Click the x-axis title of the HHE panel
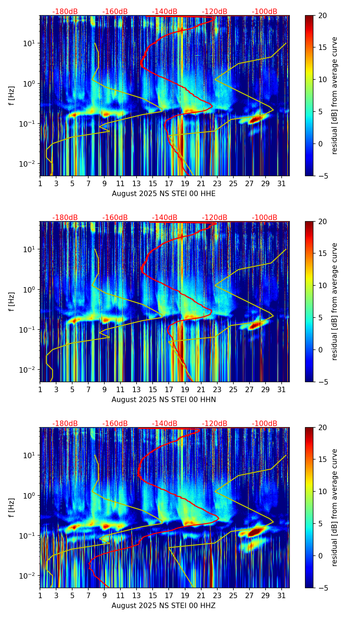(164, 194)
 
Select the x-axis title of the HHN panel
(164, 400)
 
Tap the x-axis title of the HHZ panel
(164, 606)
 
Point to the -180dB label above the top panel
(65, 12)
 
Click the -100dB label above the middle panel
(265, 218)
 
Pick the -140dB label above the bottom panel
(165, 424)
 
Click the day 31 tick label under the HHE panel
(281, 184)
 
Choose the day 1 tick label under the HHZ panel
(40, 596)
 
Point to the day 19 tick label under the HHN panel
(185, 390)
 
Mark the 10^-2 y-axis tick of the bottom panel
(29, 576)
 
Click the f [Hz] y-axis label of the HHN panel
(12, 301)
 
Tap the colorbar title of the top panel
(335, 95)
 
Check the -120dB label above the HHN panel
(215, 218)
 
